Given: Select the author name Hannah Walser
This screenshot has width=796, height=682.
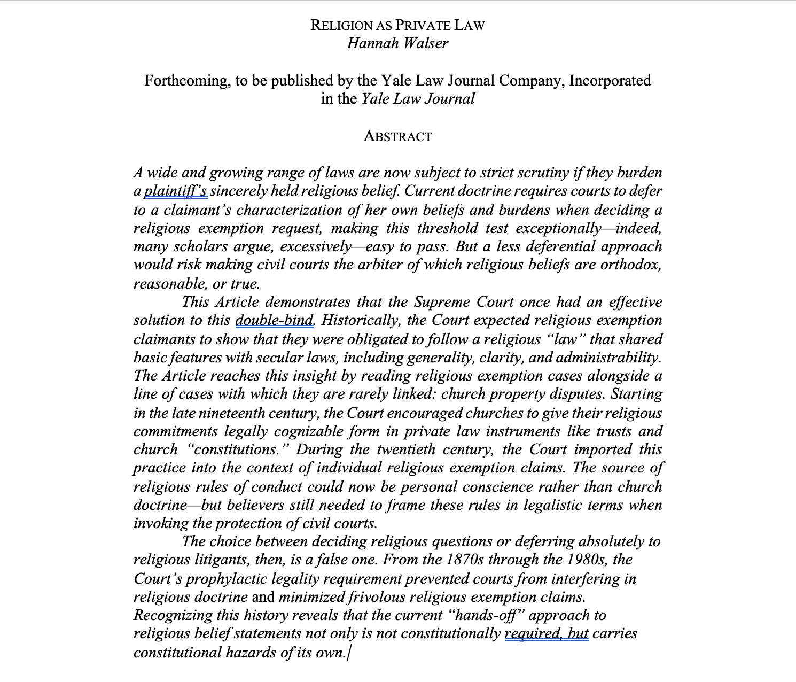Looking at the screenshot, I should coord(397,43).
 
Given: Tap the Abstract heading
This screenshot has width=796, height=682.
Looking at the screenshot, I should coord(397,137).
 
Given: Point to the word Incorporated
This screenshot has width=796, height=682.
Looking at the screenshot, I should coord(610,81).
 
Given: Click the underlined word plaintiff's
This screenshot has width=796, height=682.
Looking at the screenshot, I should coord(176,191).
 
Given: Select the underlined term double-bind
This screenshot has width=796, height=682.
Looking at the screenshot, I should coord(275,321).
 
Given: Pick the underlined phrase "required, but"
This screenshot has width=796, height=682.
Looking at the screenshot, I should coord(547,634).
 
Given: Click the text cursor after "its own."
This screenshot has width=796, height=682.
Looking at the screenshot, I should coord(349,653).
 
